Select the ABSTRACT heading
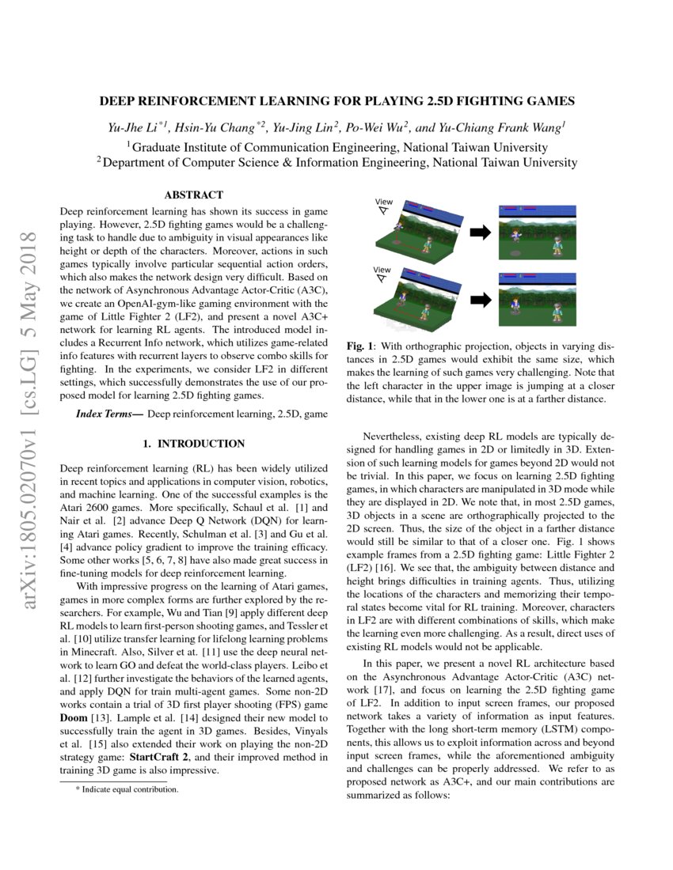click(x=193, y=195)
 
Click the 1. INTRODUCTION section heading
click(x=193, y=444)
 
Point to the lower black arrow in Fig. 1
click(x=481, y=300)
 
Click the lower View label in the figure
click(x=383, y=270)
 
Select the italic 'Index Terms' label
click(x=108, y=414)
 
